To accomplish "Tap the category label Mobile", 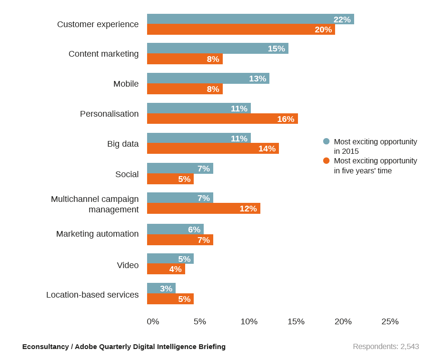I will (126, 84).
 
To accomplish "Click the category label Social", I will (127, 174).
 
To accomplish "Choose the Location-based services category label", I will (92, 295).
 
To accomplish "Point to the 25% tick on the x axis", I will (390, 321).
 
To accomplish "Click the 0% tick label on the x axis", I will (153, 321).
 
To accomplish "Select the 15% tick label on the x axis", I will (296, 321).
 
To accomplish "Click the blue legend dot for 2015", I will (326, 141).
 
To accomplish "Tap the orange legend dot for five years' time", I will (326, 160).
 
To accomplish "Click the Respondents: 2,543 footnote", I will (386, 347).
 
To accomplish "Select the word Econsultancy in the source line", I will (45, 347).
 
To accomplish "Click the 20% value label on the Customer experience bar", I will (323, 30).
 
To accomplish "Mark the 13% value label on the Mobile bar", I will (258, 79).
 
